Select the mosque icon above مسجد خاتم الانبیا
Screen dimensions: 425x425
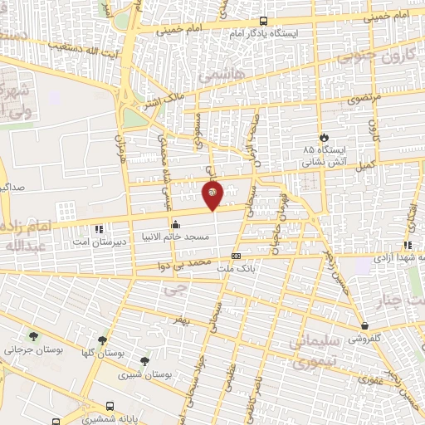tap(175, 224)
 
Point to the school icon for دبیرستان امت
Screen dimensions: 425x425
tap(99, 228)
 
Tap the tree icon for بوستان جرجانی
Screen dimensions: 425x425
tap(33, 337)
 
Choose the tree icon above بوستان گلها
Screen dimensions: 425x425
tap(102, 340)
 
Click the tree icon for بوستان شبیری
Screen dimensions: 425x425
tap(144, 361)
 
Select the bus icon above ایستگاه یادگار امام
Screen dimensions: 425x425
tap(263, 21)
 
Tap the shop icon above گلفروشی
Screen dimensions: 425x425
tap(365, 325)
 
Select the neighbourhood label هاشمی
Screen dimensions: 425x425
tap(218, 76)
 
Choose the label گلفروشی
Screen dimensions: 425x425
tap(366, 339)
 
